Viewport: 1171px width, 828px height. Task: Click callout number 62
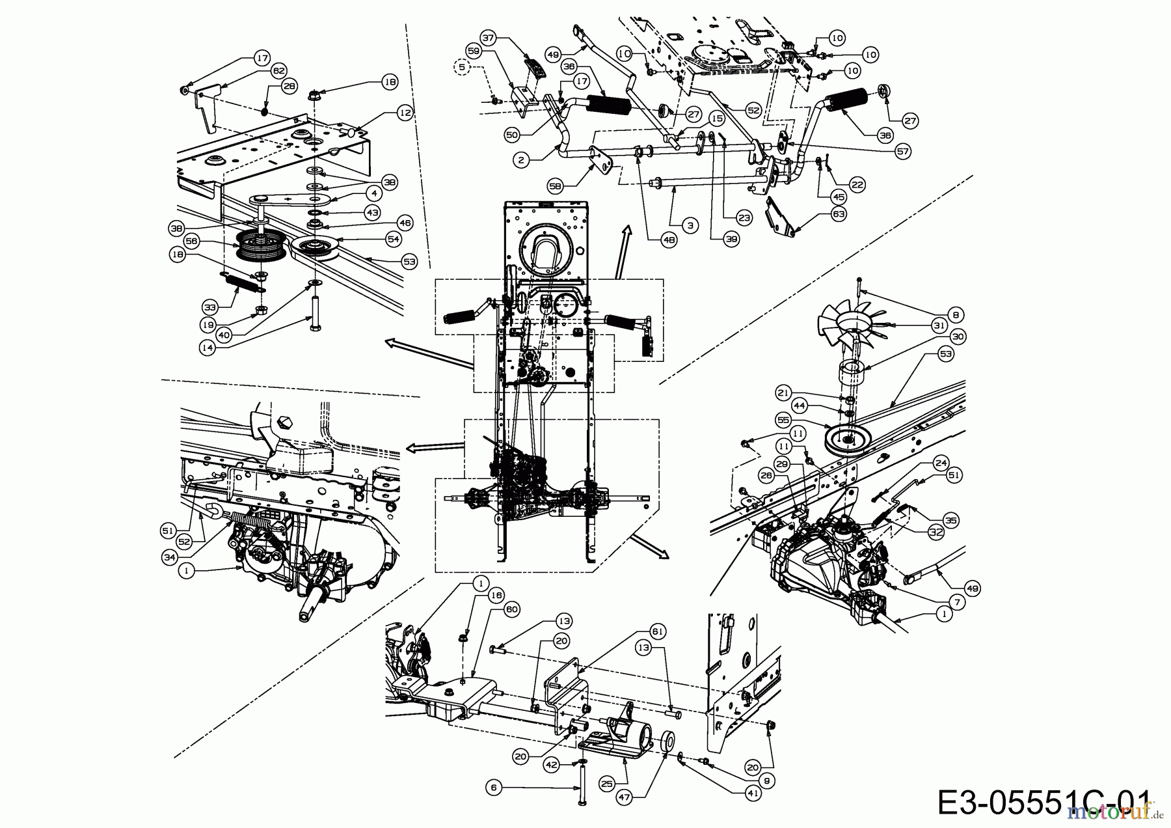[278, 70]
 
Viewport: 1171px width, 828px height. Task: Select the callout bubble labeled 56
[191, 241]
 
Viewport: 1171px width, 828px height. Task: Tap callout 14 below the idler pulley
[208, 348]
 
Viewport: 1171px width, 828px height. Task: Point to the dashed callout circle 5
[463, 66]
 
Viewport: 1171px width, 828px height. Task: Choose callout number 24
[940, 463]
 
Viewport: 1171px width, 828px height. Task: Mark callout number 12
[405, 113]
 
